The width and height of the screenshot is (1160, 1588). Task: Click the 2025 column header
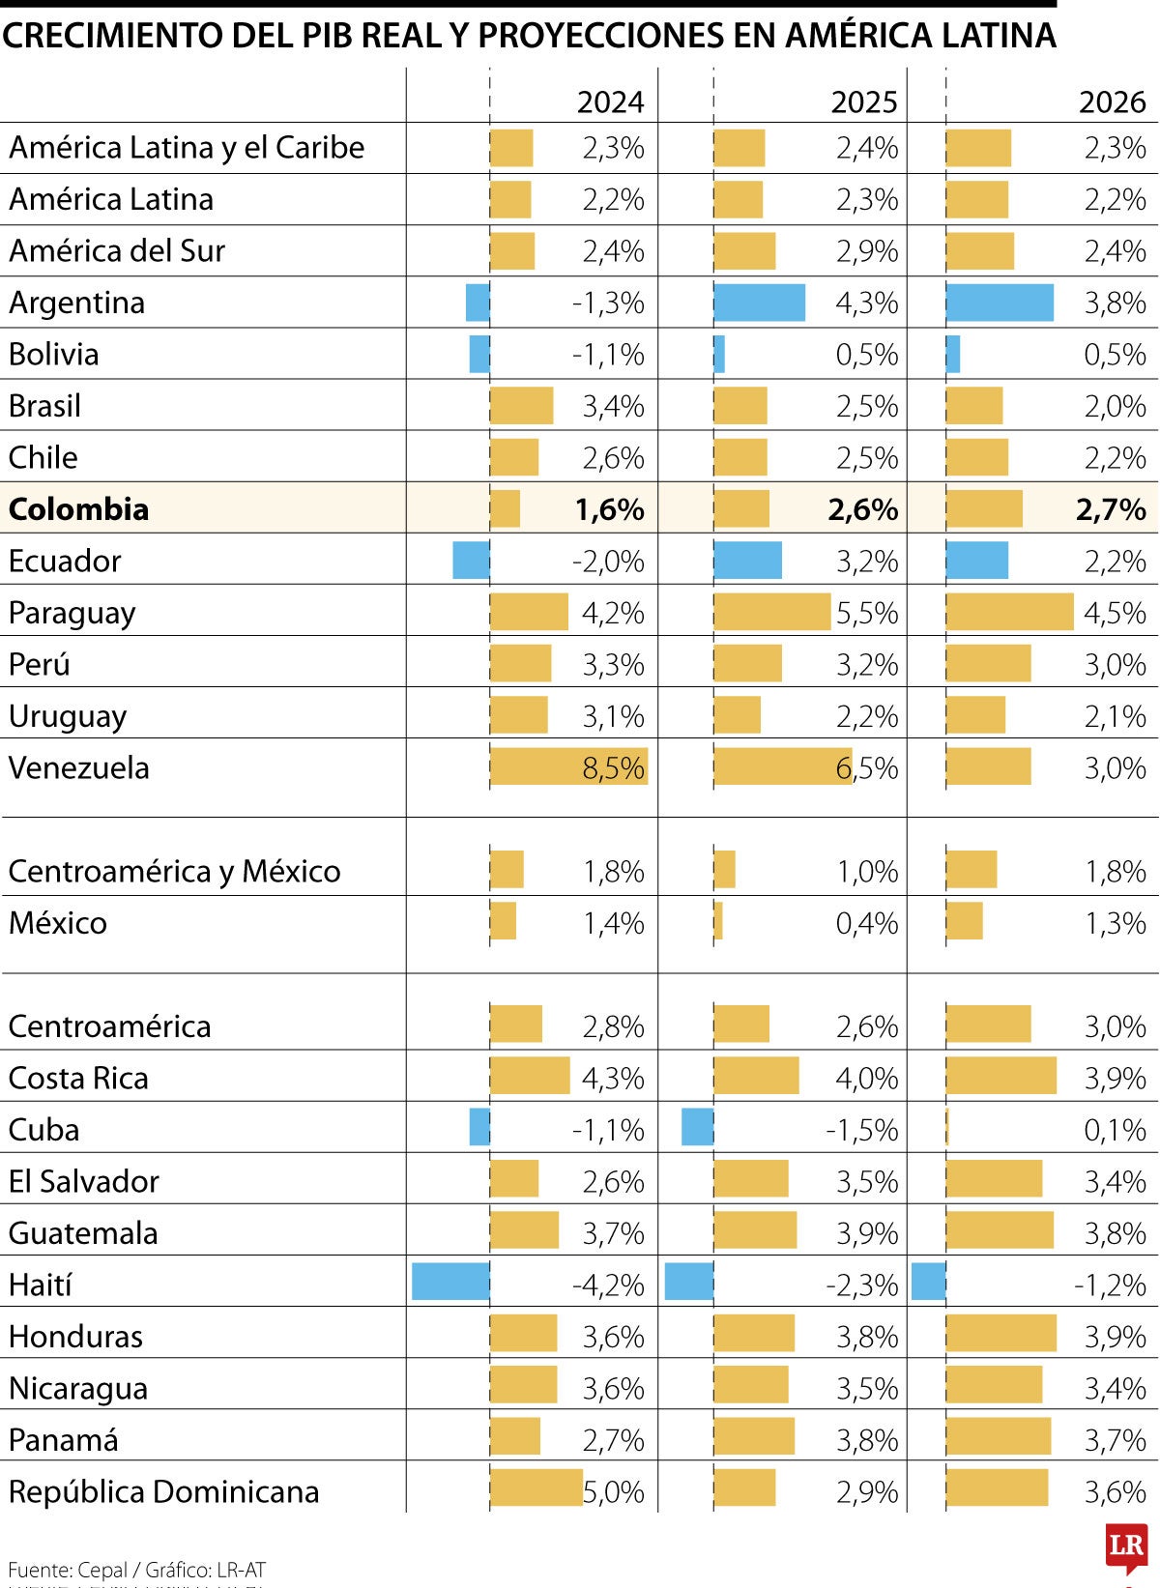click(x=864, y=101)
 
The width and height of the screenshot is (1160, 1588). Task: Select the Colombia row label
click(x=79, y=509)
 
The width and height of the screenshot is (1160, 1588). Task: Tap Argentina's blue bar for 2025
click(x=760, y=303)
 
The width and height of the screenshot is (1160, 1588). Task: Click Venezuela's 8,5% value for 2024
click(x=613, y=767)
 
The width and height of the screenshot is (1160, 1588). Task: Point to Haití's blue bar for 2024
click(x=450, y=1282)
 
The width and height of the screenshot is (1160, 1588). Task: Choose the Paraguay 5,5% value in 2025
click(x=867, y=613)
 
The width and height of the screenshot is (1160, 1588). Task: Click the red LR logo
click(x=1126, y=1546)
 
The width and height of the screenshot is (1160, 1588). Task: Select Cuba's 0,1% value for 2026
click(x=1115, y=1130)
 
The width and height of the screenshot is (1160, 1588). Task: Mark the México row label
click(x=58, y=923)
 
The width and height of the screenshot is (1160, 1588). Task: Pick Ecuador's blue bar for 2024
click(x=471, y=561)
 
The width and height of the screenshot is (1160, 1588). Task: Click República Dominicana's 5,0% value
click(x=613, y=1491)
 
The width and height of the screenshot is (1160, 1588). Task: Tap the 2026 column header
click(x=1112, y=101)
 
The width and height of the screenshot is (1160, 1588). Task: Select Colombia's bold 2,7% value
click(x=1111, y=509)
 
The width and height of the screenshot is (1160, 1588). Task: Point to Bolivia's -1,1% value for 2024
click(x=608, y=355)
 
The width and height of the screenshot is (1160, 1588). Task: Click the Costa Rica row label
click(x=78, y=1078)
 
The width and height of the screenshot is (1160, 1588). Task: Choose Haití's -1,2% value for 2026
click(x=1110, y=1285)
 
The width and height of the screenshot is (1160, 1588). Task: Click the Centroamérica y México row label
click(x=174, y=871)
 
